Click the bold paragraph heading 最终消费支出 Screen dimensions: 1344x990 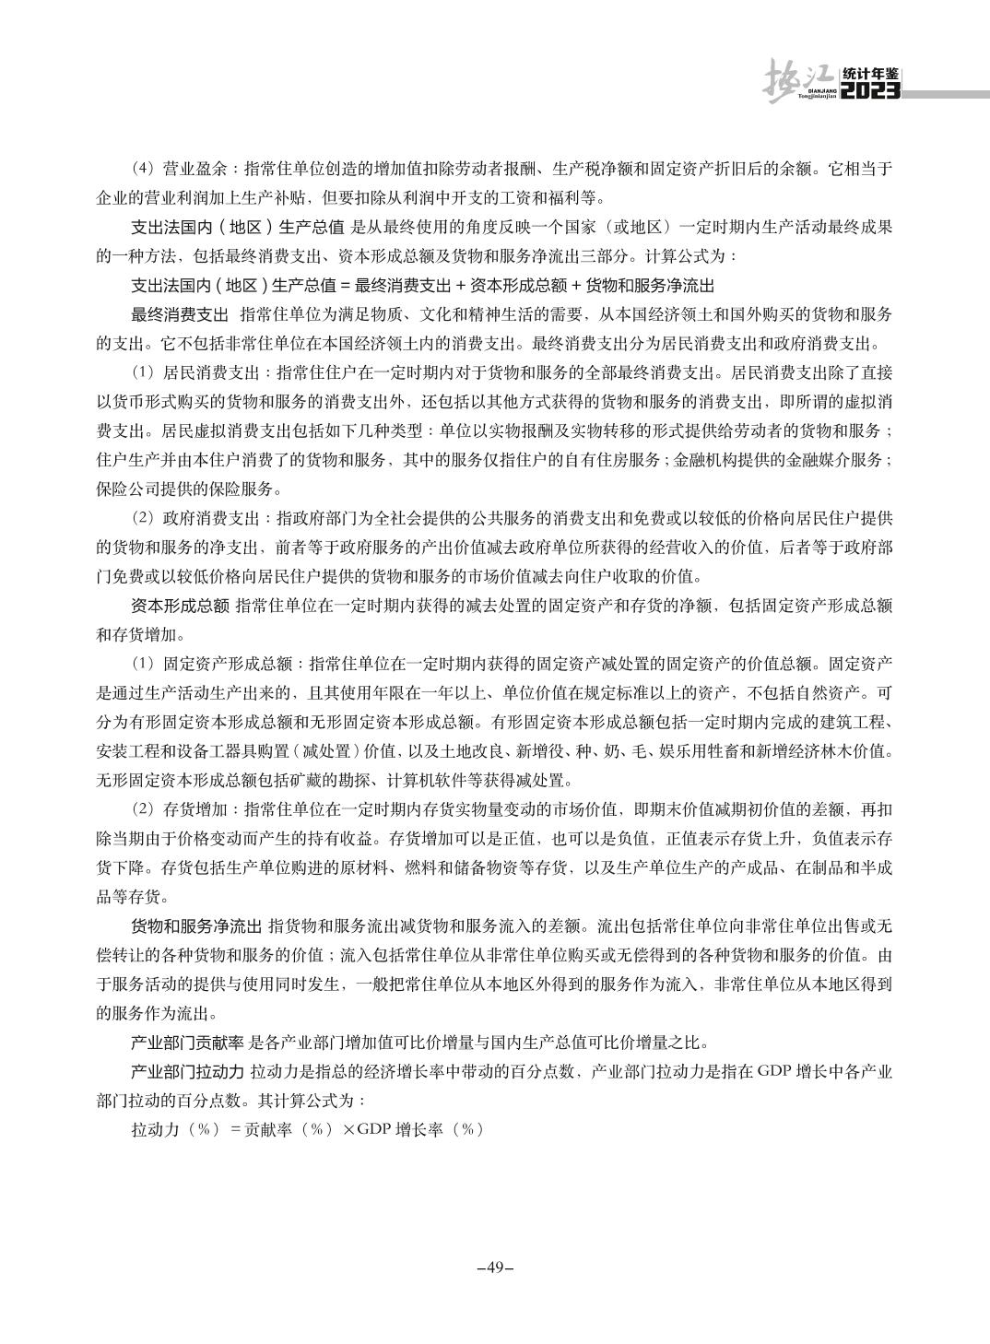[x=180, y=314]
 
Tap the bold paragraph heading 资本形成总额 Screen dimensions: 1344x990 [x=180, y=606]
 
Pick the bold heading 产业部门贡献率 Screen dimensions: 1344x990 [x=187, y=1043]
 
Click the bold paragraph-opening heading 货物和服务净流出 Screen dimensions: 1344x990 [x=194, y=925]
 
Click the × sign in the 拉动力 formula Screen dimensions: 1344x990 [x=348, y=1130]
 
